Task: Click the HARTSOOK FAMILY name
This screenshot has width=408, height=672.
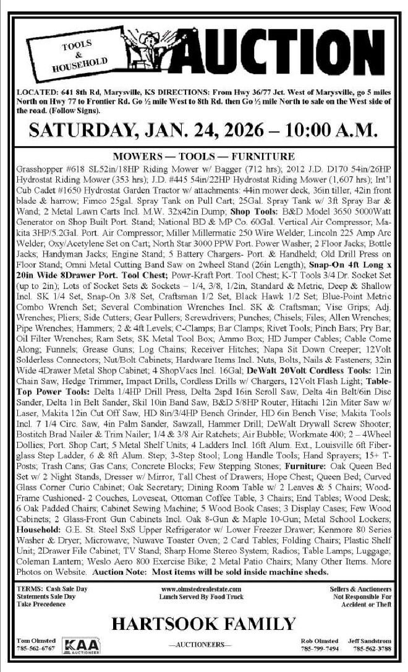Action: pyautogui.click(x=204, y=625)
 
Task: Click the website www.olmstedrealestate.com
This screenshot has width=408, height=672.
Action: pyautogui.click(x=201, y=590)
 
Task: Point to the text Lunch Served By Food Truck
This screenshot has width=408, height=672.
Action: pyautogui.click(x=201, y=597)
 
